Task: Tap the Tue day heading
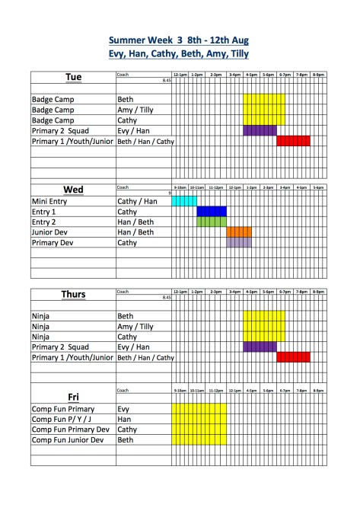tap(73, 78)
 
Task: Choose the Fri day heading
tap(73, 397)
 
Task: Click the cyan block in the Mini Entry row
tap(184, 201)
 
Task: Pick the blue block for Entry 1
tap(212, 212)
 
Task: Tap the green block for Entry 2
tap(212, 222)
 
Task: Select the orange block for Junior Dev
tap(239, 232)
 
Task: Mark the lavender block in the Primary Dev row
tap(239, 243)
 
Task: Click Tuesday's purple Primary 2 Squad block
tap(260, 130)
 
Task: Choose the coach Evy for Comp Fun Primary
tap(124, 409)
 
